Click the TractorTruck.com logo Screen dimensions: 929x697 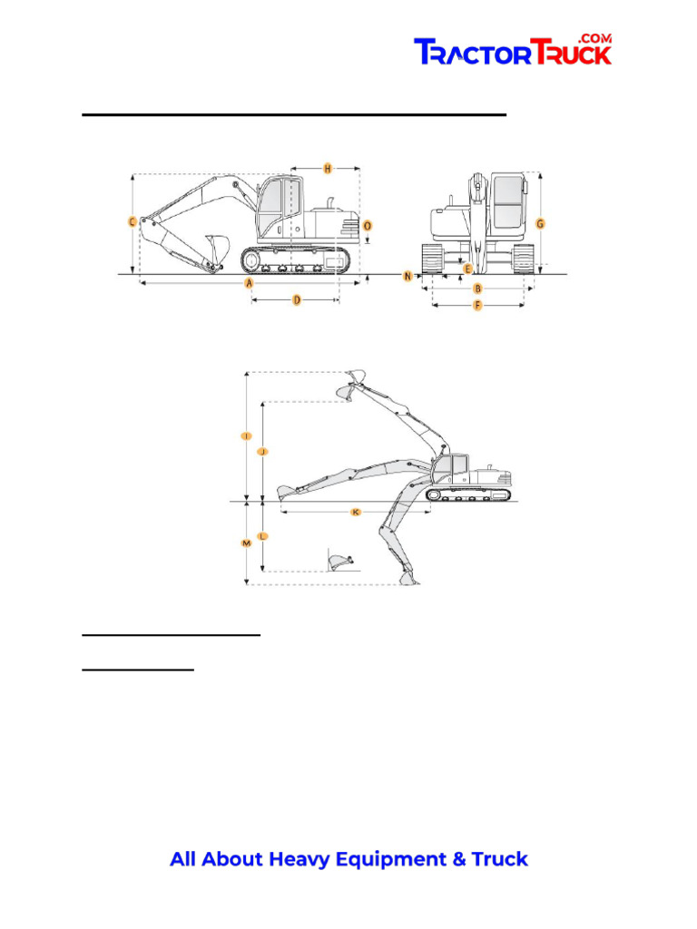coord(513,51)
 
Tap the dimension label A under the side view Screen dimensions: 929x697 coord(248,283)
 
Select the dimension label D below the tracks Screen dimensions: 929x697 coord(296,300)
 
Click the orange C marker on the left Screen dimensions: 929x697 coord(133,221)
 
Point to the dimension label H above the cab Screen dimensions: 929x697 coord(328,168)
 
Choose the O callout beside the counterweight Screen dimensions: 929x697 coord(367,224)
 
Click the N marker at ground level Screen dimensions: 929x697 coord(408,275)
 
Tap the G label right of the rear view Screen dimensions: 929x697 coord(540,223)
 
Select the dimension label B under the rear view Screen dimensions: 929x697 coord(478,289)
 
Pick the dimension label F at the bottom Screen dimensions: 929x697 coord(478,307)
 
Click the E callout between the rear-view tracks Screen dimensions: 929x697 coord(467,269)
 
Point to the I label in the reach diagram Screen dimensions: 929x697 coord(246,436)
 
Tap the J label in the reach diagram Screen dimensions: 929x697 coord(261,451)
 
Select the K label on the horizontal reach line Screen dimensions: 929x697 coord(356,513)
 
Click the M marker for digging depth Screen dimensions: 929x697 coord(246,543)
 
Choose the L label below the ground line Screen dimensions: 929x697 coord(261,536)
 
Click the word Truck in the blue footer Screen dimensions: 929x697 coord(497,859)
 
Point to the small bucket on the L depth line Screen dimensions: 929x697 coord(339,561)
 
